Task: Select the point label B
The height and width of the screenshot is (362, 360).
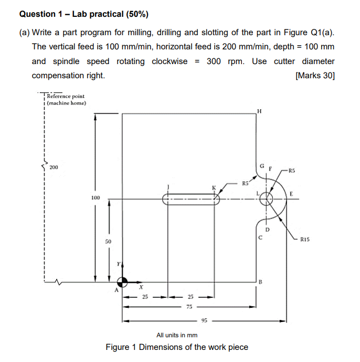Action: [260, 282]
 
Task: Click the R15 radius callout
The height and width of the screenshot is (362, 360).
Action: [307, 240]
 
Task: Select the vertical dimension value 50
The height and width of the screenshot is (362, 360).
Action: [108, 241]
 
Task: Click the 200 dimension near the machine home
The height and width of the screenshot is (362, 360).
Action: [54, 168]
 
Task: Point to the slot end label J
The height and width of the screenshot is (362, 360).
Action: [168, 186]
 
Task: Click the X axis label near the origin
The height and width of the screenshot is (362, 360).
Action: [141, 287]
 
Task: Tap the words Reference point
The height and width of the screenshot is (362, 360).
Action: [66, 96]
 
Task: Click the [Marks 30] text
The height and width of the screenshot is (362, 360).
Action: [315, 75]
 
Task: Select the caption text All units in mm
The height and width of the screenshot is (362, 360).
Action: [177, 335]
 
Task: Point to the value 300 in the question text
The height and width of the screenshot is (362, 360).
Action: [214, 61]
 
